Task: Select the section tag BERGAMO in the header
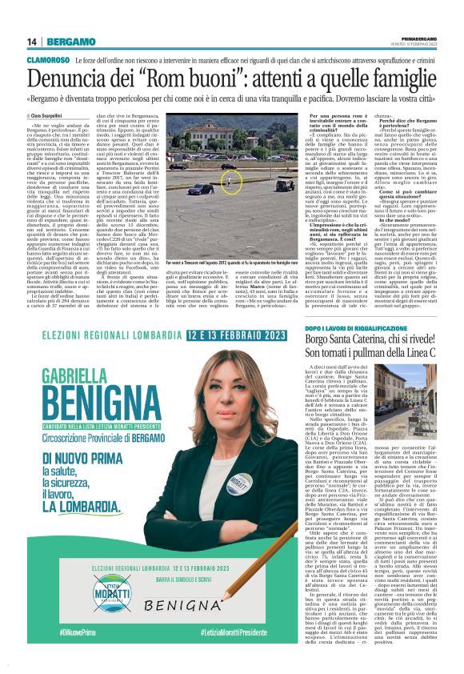click(x=70, y=42)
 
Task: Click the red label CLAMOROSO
click(x=48, y=60)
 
